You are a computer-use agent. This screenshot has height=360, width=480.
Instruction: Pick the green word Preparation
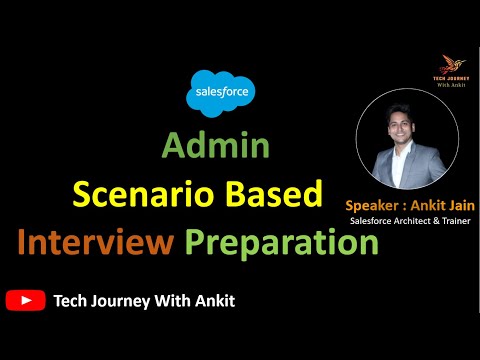pos(281,242)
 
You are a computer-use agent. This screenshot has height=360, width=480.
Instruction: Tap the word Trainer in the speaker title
pos(450,220)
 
